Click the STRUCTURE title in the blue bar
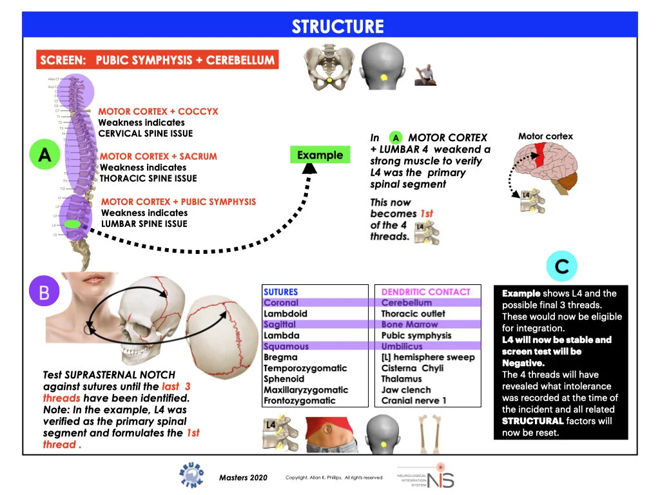pos(337,26)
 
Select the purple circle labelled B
pos(44,292)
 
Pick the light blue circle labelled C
pos(561,267)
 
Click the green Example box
pos(320,155)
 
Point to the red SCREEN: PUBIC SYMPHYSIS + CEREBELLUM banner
pos(157,61)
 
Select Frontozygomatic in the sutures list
pos(299,401)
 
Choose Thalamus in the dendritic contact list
pos(400,379)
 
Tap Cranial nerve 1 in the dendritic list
pos(413,401)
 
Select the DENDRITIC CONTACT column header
pos(425,292)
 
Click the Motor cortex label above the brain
pos(545,137)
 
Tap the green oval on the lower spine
pos(73,224)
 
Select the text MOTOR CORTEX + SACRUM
pos(159,156)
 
